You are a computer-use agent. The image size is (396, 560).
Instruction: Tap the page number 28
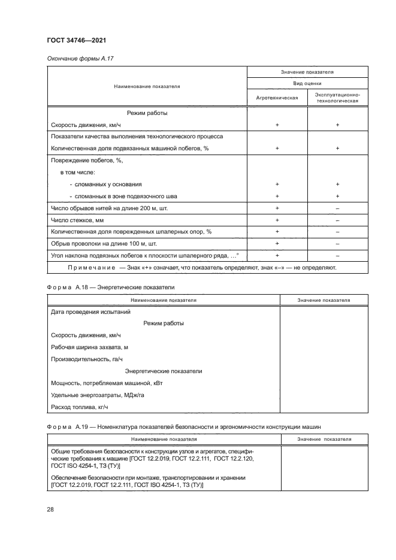point(50,509)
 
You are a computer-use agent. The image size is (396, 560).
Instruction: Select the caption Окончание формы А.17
point(76,59)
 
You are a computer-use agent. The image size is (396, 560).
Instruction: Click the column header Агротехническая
point(277,97)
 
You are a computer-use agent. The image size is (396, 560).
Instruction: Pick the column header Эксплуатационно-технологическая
point(337,98)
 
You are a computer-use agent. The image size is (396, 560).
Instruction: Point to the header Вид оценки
point(307,84)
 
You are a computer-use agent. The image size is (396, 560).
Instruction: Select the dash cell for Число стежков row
point(337,220)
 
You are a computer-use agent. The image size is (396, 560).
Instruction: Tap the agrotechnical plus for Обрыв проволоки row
point(277,243)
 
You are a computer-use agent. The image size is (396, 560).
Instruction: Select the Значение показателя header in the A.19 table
point(324,440)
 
